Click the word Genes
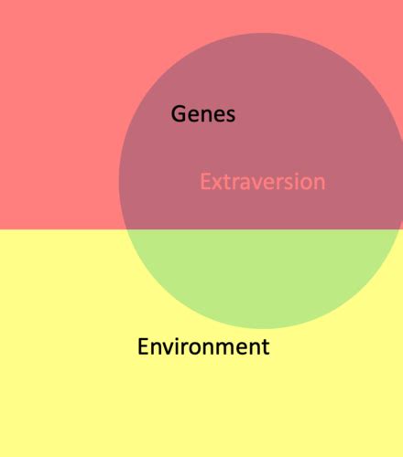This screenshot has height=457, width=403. pos(203,114)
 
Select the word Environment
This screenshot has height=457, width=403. pos(203,346)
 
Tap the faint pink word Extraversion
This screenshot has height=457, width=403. pos(263,182)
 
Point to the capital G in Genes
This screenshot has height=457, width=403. pos(179,114)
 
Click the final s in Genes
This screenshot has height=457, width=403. pos(230,116)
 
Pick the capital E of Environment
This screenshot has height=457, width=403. pos(143,346)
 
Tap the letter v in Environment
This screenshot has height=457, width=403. pos(168,348)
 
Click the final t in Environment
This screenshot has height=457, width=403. pos(266,347)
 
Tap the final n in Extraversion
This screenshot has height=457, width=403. pos(320,184)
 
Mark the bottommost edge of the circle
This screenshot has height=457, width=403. pos(261,328)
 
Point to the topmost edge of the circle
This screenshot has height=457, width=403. pos(262,33)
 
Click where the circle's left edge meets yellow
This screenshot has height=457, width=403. pos(125,229)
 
